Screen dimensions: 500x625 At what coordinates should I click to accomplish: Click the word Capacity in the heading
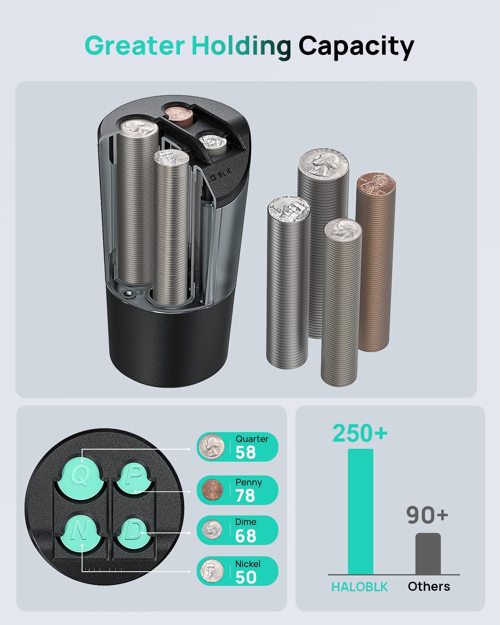(x=356, y=47)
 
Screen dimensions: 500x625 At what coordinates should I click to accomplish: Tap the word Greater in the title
(x=135, y=45)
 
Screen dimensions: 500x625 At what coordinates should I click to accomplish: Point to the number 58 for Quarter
(x=245, y=452)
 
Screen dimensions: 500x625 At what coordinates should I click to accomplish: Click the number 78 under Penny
(x=245, y=495)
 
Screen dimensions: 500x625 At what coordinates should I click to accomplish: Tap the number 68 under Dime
(x=245, y=536)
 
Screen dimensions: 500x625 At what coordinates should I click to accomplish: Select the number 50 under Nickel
(x=246, y=577)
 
